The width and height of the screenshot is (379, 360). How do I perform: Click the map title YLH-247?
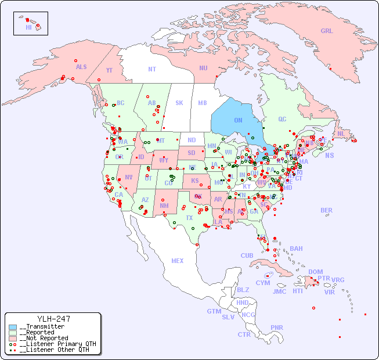click(x=53, y=319)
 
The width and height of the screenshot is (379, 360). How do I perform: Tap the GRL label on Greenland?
click(x=327, y=31)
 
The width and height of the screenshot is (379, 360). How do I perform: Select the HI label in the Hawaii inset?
click(x=28, y=27)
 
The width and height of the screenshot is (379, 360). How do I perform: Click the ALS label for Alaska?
click(x=81, y=67)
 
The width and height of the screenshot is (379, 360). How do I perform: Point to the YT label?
click(x=109, y=70)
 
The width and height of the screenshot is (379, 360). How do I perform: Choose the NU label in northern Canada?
click(x=203, y=68)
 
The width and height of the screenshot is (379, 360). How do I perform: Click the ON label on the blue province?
click(x=238, y=120)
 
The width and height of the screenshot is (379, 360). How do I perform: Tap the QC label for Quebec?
click(x=282, y=119)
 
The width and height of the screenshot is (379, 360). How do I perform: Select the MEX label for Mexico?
click(x=178, y=261)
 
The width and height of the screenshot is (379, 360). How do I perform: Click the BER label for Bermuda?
click(x=327, y=210)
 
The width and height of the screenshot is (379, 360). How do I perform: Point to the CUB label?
click(x=247, y=255)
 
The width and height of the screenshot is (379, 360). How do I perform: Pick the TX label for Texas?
click(x=189, y=218)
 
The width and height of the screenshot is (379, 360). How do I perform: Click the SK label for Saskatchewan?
click(x=179, y=103)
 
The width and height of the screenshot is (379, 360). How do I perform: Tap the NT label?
click(x=152, y=69)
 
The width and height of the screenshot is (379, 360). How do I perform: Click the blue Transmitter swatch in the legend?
click(x=13, y=327)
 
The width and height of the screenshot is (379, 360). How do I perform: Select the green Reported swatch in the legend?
click(x=13, y=333)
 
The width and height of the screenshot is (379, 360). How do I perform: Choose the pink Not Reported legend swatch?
click(x=13, y=338)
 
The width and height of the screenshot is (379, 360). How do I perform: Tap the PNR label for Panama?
click(x=277, y=327)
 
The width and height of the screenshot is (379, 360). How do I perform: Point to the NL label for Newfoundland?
click(x=341, y=134)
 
